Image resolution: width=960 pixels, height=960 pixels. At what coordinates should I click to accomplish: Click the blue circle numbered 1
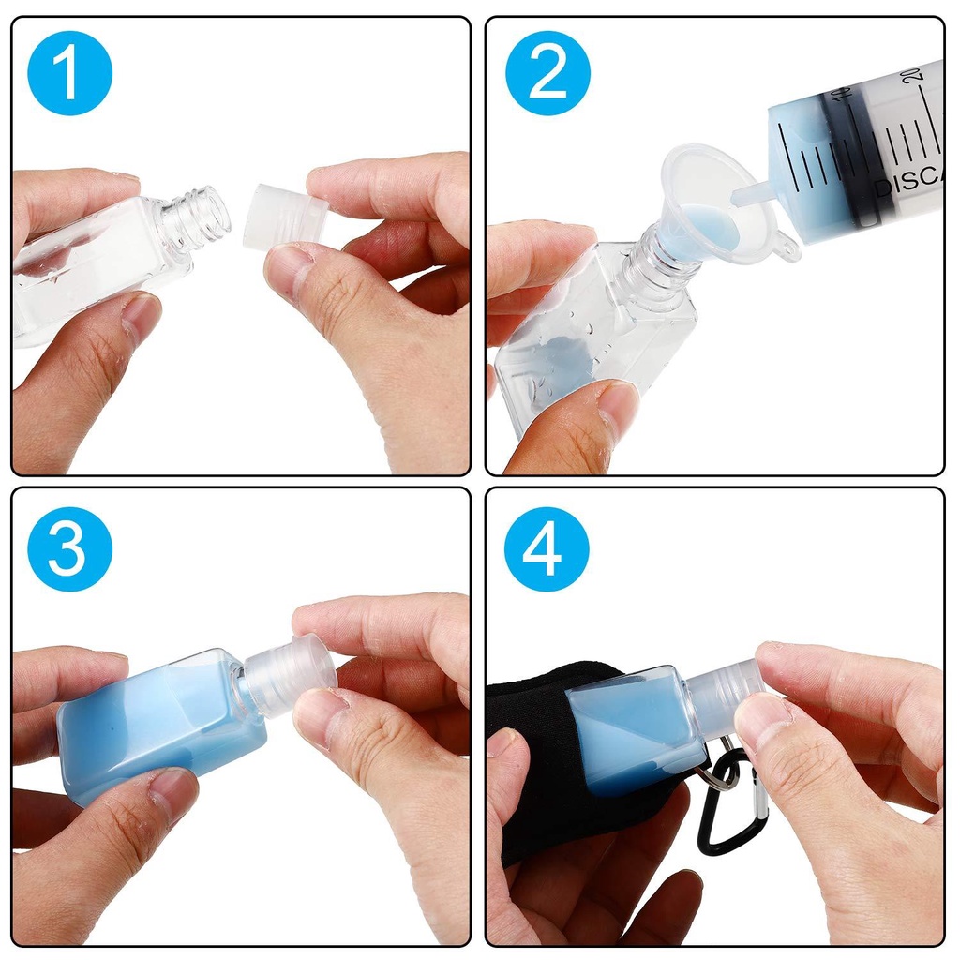pos(70,73)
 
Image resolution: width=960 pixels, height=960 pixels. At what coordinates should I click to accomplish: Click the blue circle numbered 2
pos(547,73)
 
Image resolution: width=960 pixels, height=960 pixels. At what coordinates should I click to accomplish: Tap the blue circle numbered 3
pos(70,548)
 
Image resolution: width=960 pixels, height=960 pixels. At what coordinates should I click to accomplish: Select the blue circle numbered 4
pos(547,548)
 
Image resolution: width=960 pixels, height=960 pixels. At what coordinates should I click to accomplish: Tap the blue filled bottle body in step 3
pos(159,722)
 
